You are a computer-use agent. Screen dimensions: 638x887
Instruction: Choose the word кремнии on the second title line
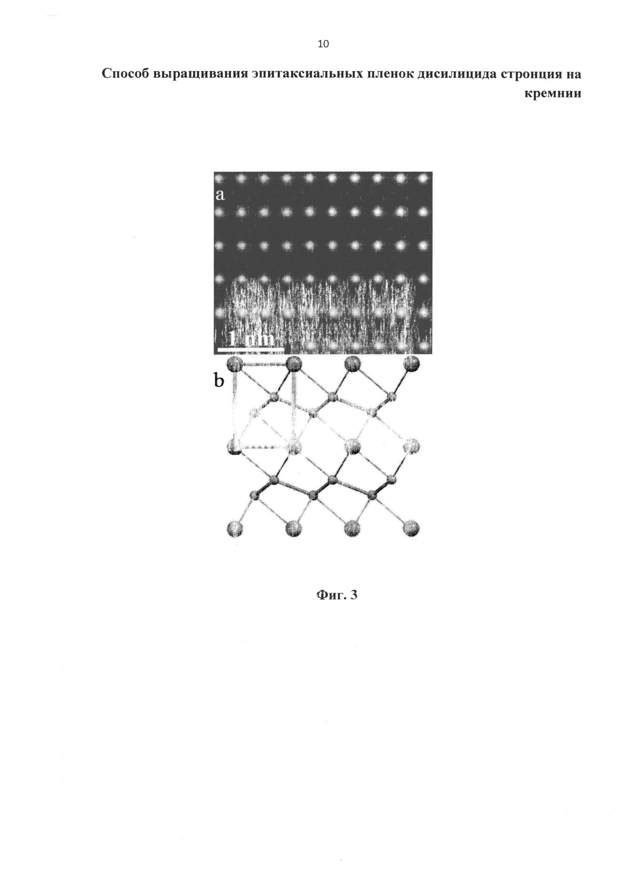[552, 94]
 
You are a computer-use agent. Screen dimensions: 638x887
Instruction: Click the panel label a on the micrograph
[220, 194]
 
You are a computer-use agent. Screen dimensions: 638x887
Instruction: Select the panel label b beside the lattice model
[219, 381]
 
